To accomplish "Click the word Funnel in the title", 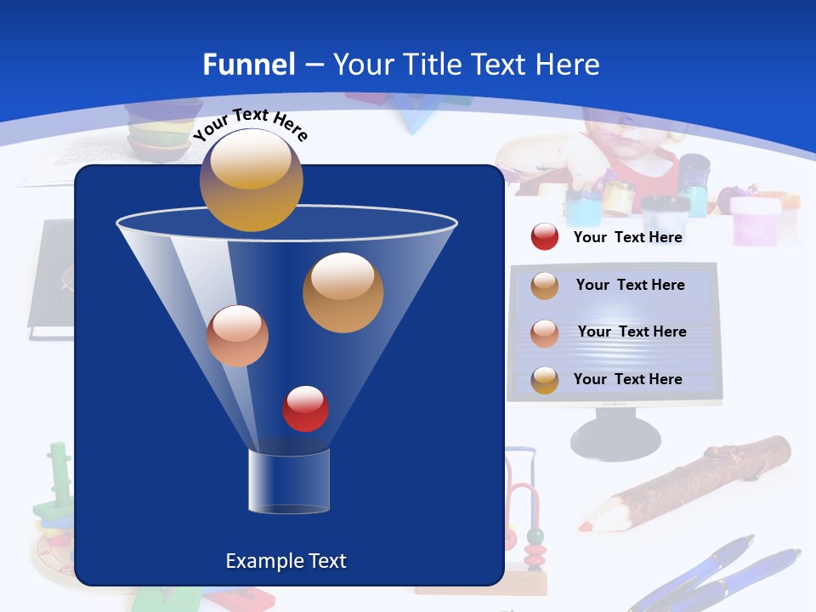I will point(248,65).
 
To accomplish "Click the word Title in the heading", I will point(431,65).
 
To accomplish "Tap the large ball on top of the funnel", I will point(251,179).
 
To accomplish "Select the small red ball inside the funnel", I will point(305,409).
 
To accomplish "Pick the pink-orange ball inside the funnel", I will point(237,336).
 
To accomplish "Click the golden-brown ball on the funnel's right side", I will point(343,292).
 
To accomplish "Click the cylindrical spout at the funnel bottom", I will point(288,481).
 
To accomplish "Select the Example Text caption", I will point(286,561).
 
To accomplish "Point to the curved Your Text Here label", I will point(250,125).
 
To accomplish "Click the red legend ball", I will point(544,237).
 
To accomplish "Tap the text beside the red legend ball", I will point(627,237).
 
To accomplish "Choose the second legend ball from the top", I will point(544,285).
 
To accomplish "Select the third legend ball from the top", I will point(544,332).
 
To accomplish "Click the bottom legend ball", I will point(544,379).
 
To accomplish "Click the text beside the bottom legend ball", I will point(627,379).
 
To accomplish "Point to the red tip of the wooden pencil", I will point(586,526).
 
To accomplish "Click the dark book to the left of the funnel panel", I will point(51,280).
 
